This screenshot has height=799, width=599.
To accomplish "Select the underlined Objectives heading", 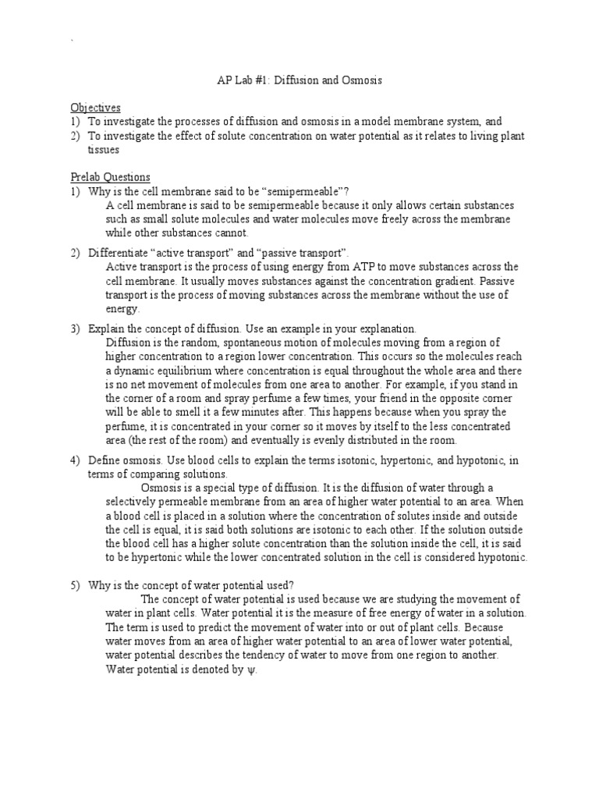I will pyautogui.click(x=95, y=107).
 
